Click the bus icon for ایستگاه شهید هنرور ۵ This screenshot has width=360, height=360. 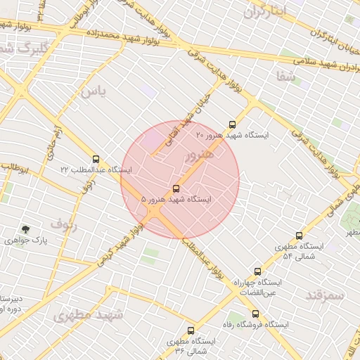click(x=175, y=188)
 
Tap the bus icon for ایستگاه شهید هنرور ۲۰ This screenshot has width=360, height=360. click(x=233, y=124)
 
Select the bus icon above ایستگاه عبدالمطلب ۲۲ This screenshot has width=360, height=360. click(x=96, y=159)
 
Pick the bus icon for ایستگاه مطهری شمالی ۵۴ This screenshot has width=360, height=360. click(x=300, y=236)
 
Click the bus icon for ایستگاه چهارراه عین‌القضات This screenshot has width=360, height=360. click(x=257, y=271)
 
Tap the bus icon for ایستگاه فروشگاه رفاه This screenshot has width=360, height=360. click(x=255, y=314)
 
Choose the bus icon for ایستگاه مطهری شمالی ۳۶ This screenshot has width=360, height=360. click(x=191, y=330)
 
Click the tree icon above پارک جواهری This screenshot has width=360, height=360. click(x=26, y=229)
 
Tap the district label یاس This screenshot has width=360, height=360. click(x=92, y=92)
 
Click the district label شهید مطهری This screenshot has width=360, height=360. click(x=88, y=315)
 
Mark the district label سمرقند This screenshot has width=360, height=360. click(x=325, y=295)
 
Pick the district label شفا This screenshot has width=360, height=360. click(x=286, y=77)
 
